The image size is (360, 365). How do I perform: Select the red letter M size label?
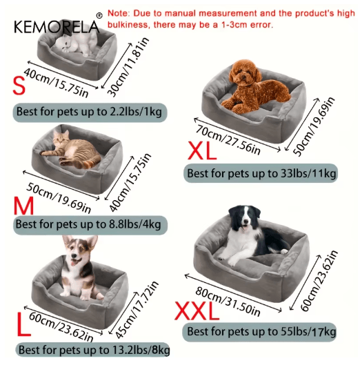(22, 206)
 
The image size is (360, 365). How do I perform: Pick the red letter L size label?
(23, 325)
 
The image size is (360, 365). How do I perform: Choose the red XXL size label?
(196, 310)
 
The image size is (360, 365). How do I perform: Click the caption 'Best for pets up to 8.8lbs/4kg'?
(88, 224)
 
